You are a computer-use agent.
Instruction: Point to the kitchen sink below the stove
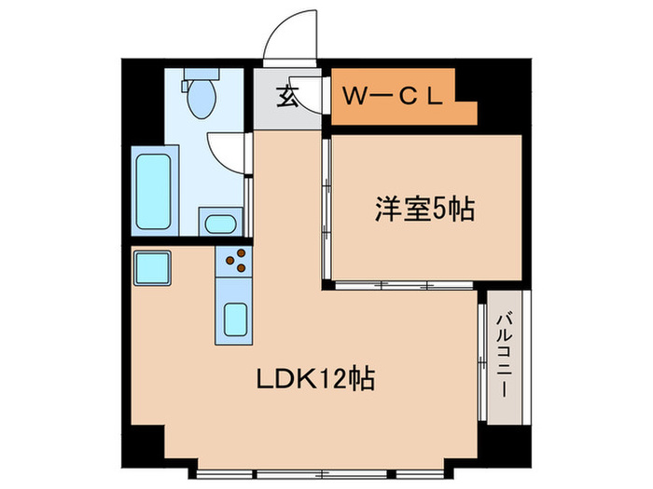[x=234, y=320]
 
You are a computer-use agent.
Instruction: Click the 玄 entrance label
[x=286, y=95]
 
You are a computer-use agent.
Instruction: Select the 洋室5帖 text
[x=424, y=209]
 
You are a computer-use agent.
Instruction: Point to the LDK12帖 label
[x=315, y=380]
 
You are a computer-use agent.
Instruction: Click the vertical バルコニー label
[x=504, y=355]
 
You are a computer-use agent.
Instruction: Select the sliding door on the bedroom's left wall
[x=327, y=209]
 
